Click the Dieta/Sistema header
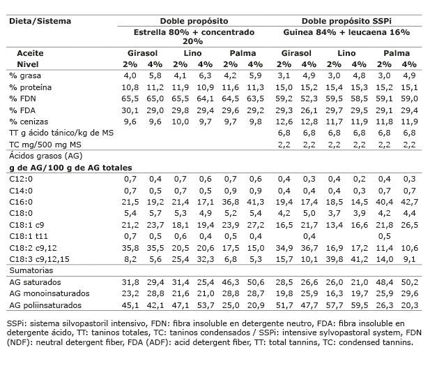click(40, 21)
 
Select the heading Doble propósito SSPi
click(346, 21)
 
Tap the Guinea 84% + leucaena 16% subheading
click(346, 32)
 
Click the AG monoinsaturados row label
click(48, 293)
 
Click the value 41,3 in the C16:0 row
click(256, 201)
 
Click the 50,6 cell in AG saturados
click(256, 281)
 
